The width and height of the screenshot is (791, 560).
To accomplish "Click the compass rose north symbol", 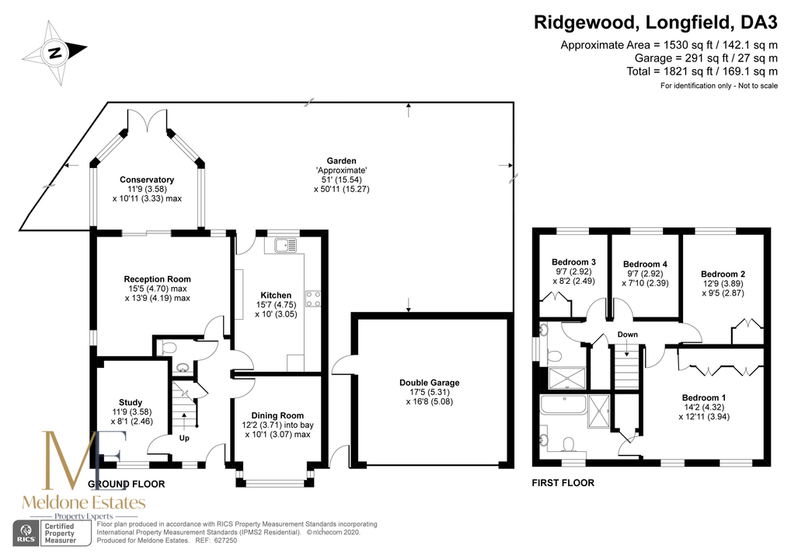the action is [x=54, y=52].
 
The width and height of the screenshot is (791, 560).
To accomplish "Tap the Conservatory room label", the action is [x=147, y=180].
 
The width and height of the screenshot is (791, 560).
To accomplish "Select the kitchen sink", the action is [x=286, y=245].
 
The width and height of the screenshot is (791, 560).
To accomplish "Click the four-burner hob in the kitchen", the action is [x=313, y=299].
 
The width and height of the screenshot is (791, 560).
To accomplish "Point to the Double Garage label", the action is [x=429, y=383].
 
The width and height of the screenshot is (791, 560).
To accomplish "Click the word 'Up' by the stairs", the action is [x=184, y=438].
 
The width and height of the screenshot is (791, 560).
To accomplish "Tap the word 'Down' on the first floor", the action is [x=628, y=334].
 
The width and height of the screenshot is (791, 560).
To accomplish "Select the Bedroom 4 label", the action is [x=645, y=264].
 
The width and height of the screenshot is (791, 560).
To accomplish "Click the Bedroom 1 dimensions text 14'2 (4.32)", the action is [x=704, y=407].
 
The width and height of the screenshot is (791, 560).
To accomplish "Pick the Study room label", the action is [x=131, y=402].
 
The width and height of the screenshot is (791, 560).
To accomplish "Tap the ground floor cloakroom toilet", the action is [x=167, y=348].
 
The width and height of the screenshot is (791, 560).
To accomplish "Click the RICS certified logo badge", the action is [x=52, y=533].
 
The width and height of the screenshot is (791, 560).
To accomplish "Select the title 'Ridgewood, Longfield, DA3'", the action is [x=656, y=23].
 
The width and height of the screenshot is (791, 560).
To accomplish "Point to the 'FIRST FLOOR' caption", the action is [x=563, y=483].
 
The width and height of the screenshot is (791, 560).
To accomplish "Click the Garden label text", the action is [x=342, y=161].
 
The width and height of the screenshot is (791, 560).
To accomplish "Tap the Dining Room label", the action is [x=277, y=415].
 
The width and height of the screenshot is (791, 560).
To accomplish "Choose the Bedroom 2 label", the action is [x=723, y=275].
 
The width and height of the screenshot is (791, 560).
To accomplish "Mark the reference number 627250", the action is [x=225, y=541].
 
